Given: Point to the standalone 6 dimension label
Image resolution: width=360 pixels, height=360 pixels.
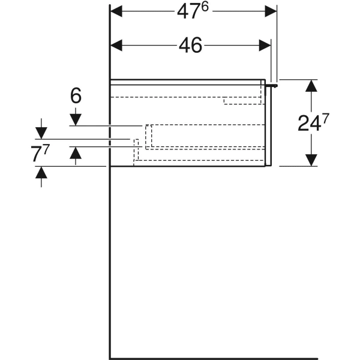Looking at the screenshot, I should [76, 96].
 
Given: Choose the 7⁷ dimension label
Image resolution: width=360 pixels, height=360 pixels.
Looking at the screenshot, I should [40, 154].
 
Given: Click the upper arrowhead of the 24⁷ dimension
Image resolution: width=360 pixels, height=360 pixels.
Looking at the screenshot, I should [310, 86].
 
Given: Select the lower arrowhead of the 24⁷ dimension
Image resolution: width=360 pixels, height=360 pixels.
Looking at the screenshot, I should [310, 160].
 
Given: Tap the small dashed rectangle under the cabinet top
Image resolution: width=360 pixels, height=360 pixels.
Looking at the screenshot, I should [242, 100].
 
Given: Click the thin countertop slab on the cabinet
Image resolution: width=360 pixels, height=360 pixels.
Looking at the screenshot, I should [188, 82].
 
